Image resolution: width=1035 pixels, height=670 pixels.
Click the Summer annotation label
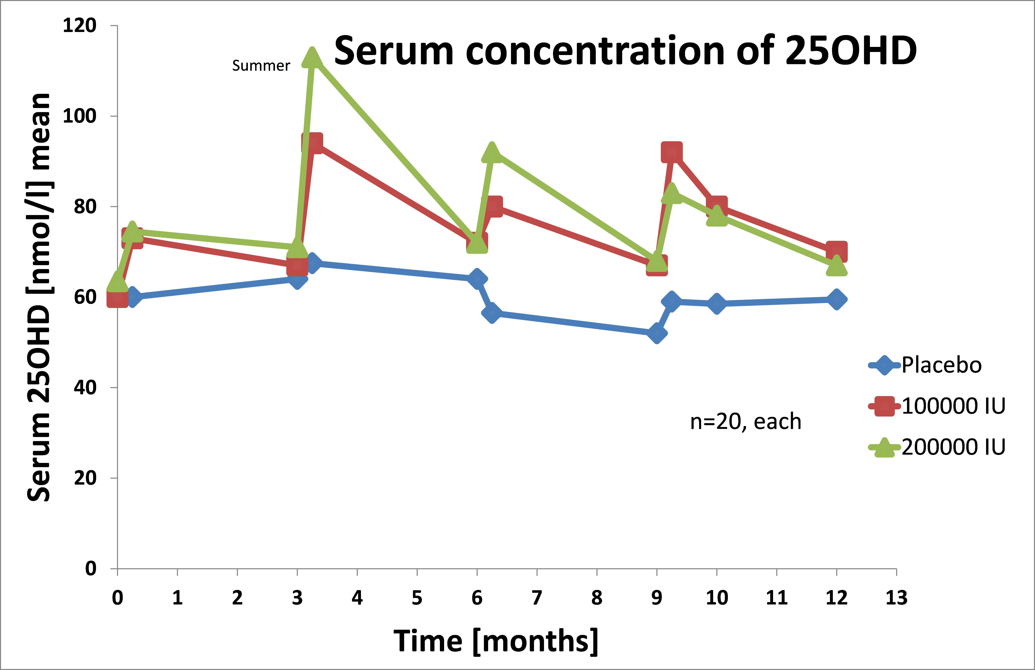(x=261, y=66)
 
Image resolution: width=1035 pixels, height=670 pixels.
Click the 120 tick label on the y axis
(x=79, y=26)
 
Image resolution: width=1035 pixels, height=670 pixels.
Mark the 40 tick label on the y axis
(x=85, y=387)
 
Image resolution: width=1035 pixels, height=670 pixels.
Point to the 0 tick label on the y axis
(x=90, y=568)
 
